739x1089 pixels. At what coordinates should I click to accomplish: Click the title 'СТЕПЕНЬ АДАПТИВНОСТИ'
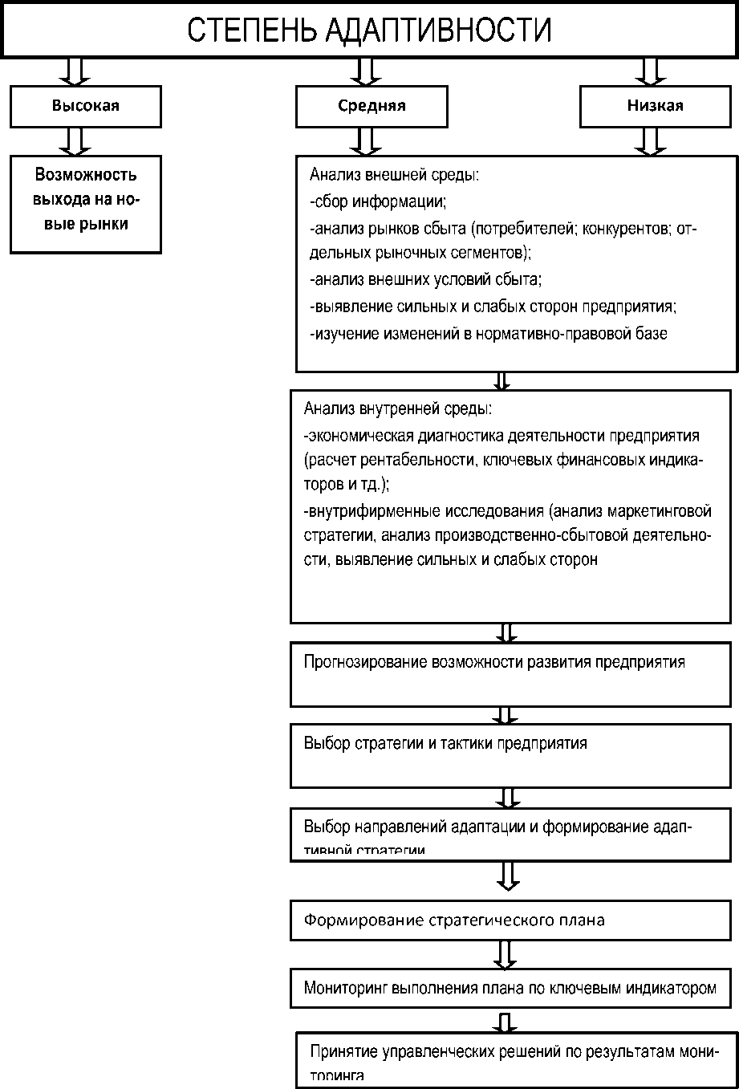coord(369,30)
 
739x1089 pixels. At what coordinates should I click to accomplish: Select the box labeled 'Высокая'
coord(86,106)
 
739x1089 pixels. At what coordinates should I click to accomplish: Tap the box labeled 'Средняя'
coord(372,106)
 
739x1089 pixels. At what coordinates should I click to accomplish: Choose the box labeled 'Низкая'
coord(655,106)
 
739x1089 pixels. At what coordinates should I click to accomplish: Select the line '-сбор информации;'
coord(377,201)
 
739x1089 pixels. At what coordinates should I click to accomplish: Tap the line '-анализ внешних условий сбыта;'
coord(425,279)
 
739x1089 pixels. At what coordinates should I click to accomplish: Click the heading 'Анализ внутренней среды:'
coord(397,408)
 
